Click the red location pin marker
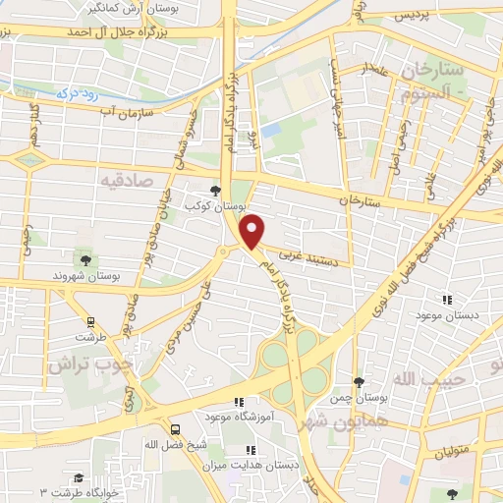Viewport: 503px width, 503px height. coord(253,230)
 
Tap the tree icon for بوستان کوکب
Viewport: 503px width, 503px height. coord(216,192)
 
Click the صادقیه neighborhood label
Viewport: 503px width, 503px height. coord(126,181)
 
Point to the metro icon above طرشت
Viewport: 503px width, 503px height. coord(90,320)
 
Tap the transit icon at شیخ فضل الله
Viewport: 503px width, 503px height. coord(176,428)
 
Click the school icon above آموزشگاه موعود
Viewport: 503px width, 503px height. coord(238,402)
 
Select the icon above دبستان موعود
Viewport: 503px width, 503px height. coord(447,299)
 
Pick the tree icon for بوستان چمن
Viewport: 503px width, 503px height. coord(358,382)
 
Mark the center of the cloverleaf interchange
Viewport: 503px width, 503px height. coord(296,365)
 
